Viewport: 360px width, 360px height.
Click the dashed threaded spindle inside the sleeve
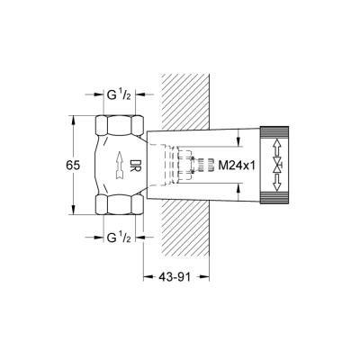(188, 165)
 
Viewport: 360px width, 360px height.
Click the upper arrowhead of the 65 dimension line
(73, 117)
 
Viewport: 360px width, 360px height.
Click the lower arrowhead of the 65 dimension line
(73, 213)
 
